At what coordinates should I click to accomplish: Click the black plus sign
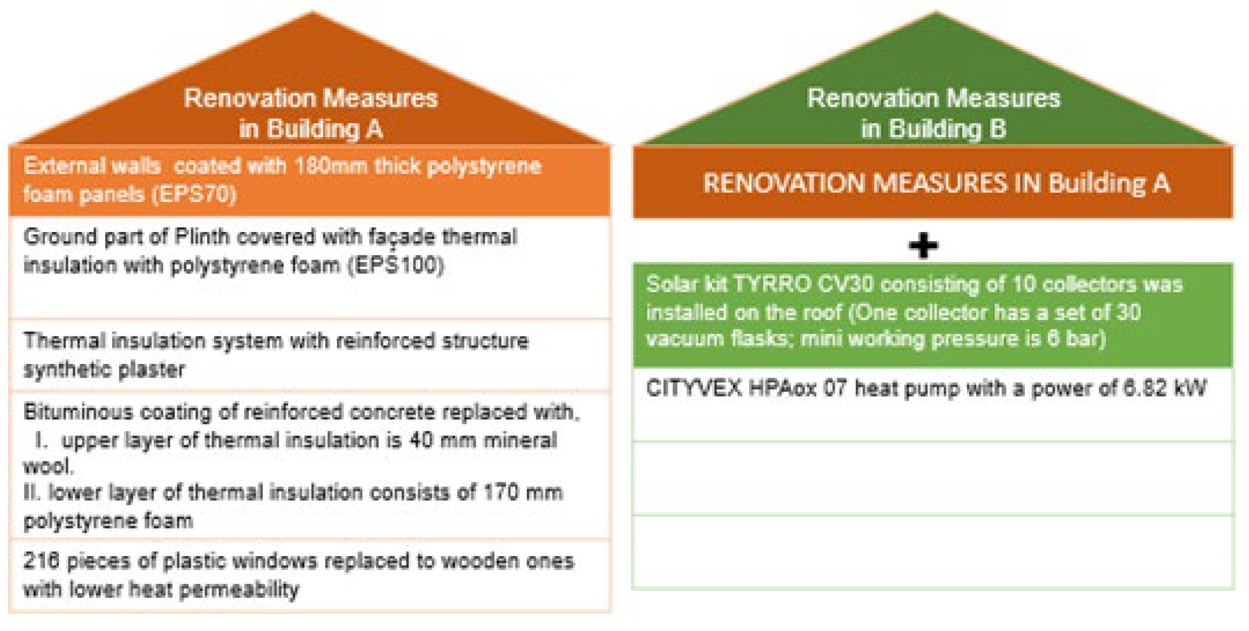point(923,245)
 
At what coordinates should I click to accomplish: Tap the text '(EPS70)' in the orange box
point(194,194)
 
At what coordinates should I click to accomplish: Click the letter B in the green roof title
point(998,128)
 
